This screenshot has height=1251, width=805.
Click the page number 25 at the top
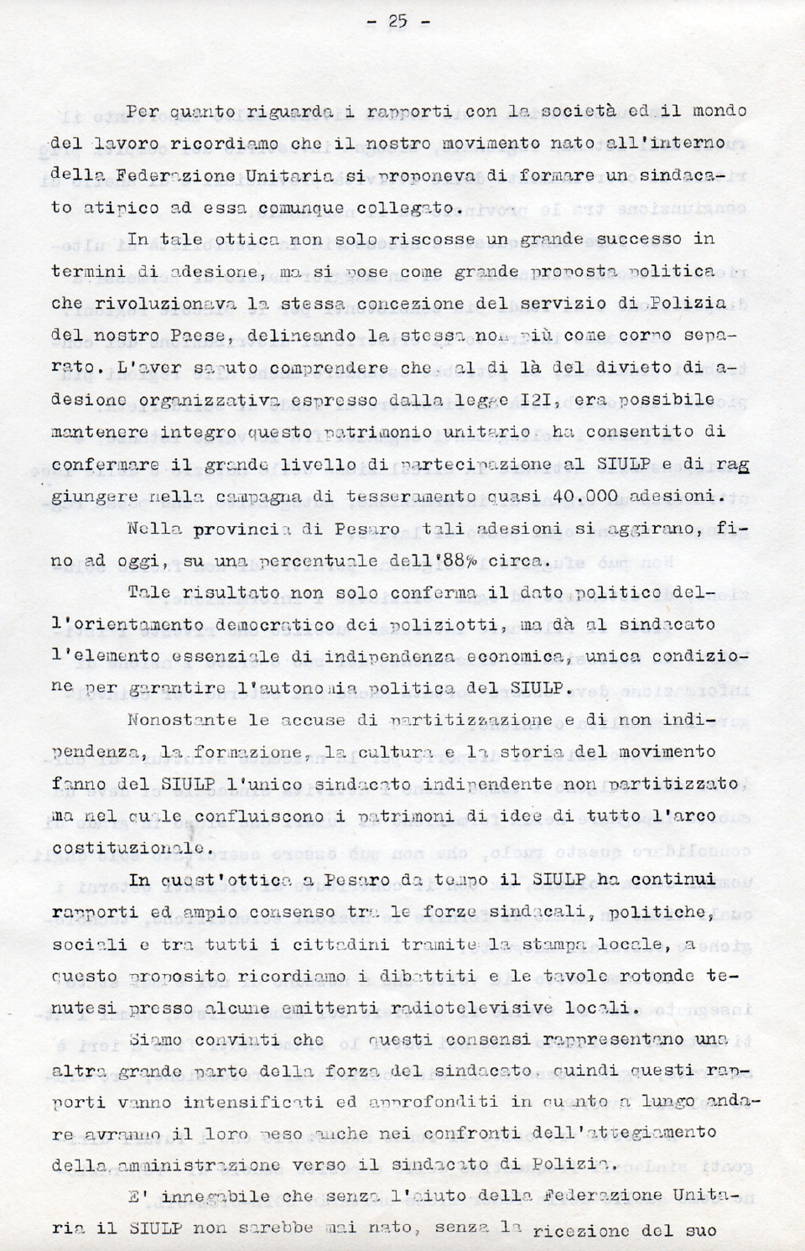click(397, 22)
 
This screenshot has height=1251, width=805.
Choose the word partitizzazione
click(470, 721)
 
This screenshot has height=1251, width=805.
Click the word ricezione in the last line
click(592, 1232)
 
